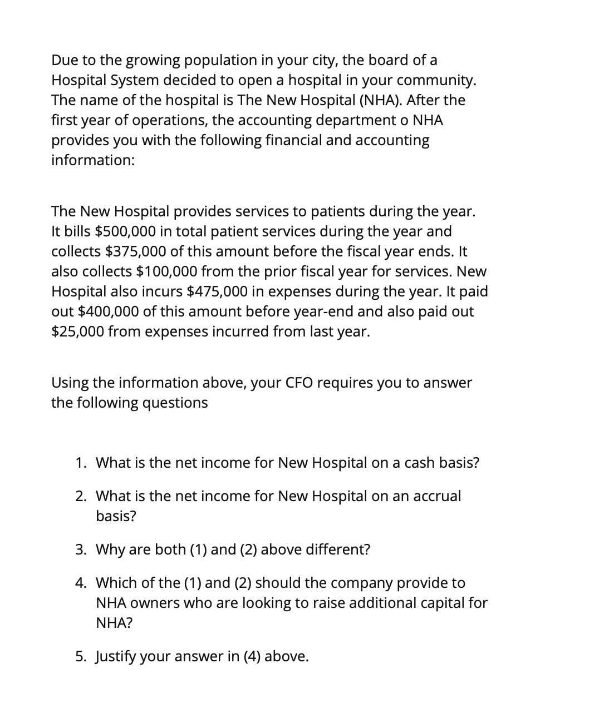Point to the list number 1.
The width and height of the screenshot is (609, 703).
pos(81,463)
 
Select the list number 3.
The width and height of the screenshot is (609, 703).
pos(81,549)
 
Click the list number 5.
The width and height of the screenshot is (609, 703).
pos(81,656)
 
